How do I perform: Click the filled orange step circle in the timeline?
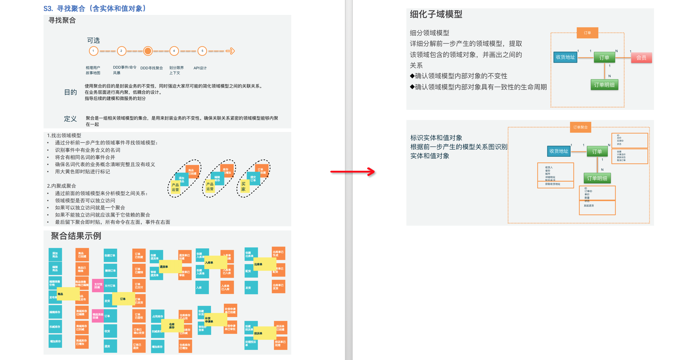tap(148, 51)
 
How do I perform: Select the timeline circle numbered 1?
tap(93, 51)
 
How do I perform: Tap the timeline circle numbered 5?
tap(202, 51)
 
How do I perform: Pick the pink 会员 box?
tap(641, 58)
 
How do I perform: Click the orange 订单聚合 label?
tap(580, 127)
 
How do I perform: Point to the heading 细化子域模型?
tap(436, 14)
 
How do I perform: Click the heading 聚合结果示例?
tap(76, 236)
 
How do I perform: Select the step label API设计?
tap(200, 68)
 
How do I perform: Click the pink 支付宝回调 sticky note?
tap(98, 286)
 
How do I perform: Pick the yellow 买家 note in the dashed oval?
tap(244, 187)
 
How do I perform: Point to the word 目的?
tap(70, 92)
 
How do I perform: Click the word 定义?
tap(70, 119)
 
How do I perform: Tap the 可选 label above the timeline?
tap(93, 40)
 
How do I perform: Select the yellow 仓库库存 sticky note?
tap(172, 325)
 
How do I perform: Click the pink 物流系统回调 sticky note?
tap(98, 316)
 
